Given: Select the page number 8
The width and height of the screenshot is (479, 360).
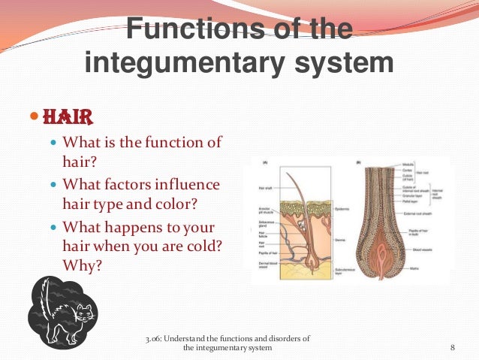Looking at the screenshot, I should point(453,347).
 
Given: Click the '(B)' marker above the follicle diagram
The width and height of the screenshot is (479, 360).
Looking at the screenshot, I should point(357,161).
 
